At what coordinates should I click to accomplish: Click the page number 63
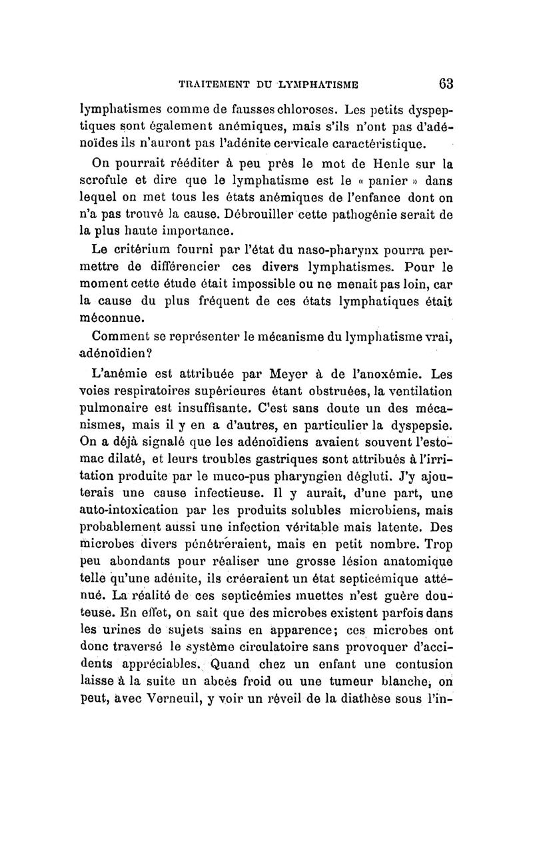point(446,84)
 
